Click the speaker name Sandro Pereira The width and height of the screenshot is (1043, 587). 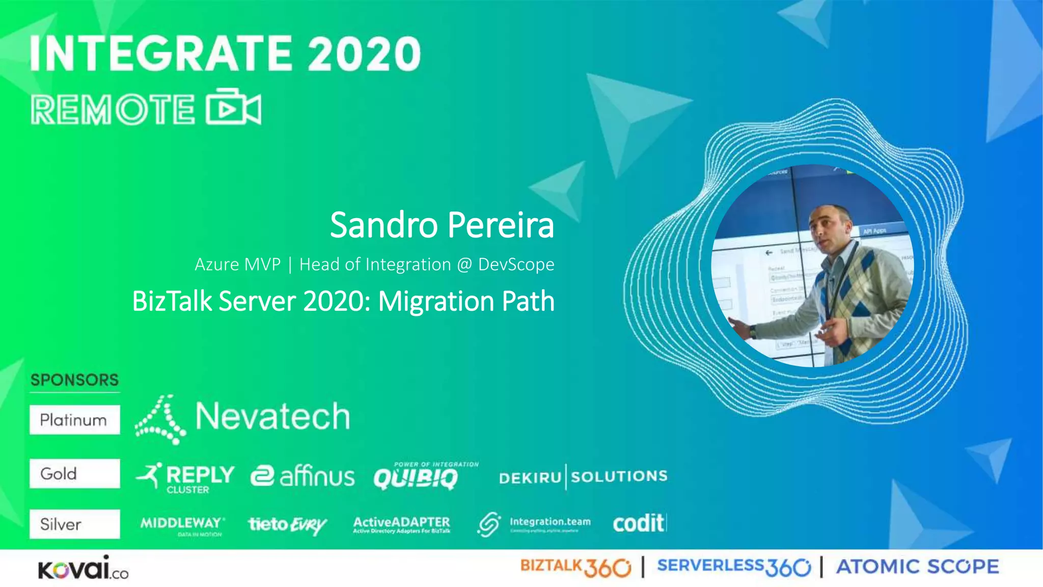coord(442,225)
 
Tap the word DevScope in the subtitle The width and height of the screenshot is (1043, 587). coord(516,264)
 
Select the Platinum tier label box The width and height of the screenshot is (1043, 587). coord(74,420)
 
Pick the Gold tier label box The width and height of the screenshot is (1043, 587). coord(74,473)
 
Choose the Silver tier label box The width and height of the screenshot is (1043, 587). coord(74,524)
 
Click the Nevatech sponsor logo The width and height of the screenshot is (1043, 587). coord(242,418)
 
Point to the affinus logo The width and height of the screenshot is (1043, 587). coord(303,476)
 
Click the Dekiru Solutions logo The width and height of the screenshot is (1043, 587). coord(583,477)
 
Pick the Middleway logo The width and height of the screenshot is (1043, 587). coord(182,525)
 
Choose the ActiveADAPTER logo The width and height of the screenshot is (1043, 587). coord(401,524)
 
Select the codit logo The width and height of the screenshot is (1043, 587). coord(639,523)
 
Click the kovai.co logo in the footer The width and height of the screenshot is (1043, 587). coord(83,568)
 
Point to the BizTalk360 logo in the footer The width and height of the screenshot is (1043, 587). coord(575,567)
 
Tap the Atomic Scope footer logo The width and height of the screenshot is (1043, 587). coord(917,567)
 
